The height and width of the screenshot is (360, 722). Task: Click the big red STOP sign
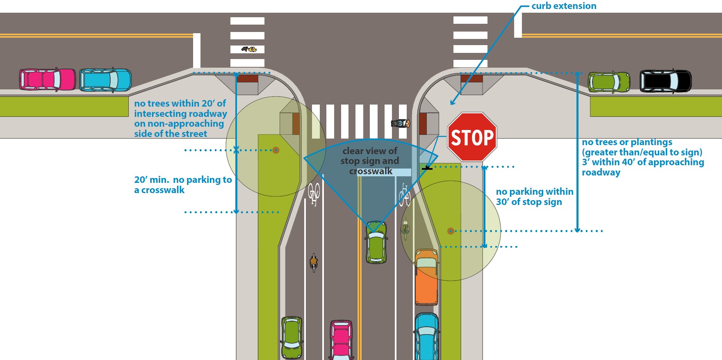[472, 137]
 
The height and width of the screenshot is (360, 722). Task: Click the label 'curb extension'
[564, 6]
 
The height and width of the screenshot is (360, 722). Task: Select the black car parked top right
[665, 81]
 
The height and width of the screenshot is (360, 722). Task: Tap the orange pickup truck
[426, 277]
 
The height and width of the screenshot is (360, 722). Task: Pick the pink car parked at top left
[48, 79]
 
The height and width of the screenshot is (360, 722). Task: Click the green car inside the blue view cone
[376, 243]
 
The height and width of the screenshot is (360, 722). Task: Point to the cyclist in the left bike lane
[314, 262]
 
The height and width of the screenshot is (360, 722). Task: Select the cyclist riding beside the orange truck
[405, 230]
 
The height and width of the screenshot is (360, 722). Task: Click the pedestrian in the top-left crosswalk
[249, 49]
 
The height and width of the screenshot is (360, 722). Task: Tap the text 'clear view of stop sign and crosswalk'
[370, 161]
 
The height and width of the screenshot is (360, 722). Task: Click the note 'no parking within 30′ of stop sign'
[534, 197]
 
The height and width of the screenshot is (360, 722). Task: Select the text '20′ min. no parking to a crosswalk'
[182, 185]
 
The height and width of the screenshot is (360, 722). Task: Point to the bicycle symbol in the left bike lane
[314, 194]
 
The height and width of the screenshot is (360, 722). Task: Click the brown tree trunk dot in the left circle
[276, 150]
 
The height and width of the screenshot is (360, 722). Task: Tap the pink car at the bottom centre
[342, 340]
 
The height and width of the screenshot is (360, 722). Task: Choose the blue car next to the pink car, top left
[105, 80]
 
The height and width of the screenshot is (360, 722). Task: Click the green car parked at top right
[609, 82]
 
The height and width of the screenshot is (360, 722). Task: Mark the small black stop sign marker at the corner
[427, 168]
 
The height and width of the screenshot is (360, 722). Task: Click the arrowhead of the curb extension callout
[452, 103]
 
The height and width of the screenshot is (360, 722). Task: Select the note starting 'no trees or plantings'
[642, 157]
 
